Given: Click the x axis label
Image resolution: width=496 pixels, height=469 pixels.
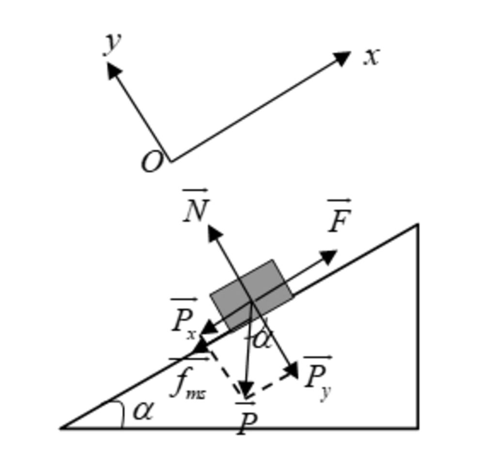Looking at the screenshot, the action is (372, 57).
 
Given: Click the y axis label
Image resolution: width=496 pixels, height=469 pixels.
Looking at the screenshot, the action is (112, 43).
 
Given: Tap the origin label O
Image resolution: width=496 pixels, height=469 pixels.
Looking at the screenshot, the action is (152, 162).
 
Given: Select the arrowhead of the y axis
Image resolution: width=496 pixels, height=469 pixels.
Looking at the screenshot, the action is (113, 70).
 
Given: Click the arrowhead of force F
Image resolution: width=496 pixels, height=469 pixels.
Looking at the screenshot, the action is (329, 256).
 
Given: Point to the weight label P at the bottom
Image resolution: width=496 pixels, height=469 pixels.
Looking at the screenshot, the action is (246, 422).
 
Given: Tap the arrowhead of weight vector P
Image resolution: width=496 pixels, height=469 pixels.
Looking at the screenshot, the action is (247, 390).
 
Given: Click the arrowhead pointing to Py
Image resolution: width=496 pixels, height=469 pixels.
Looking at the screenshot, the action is (293, 371).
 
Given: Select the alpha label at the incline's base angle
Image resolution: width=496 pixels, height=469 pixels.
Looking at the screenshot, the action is (142, 411).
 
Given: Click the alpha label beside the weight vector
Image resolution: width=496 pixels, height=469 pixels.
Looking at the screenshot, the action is (262, 339).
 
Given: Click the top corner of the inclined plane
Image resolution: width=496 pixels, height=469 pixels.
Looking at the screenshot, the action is (418, 224).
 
